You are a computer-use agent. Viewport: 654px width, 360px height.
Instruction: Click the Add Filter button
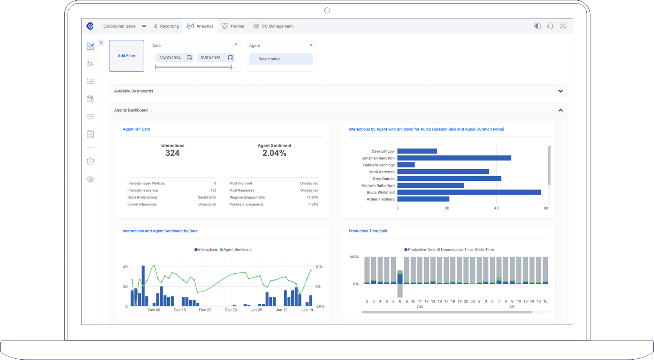coord(126,56)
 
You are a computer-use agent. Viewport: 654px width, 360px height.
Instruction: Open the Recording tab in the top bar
coord(166,26)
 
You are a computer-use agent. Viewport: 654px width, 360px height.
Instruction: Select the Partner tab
coord(233,26)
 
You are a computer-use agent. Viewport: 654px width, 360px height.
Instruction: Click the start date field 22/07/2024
coord(170,58)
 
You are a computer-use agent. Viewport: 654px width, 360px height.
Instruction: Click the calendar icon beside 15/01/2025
coord(230,58)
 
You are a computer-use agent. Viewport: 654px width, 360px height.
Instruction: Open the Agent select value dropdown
coord(281,59)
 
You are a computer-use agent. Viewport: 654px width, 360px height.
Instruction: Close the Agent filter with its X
coord(311,45)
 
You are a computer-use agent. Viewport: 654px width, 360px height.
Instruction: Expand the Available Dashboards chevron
coord(560,91)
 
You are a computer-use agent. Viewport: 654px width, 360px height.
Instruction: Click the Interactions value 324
coord(172,153)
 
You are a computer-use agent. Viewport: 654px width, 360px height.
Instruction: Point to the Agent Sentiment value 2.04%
coord(274,153)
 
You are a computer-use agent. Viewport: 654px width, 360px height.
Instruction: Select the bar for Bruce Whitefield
coord(469,192)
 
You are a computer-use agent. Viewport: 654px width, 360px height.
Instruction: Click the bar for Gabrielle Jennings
coord(406,165)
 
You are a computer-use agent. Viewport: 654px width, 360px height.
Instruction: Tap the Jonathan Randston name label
coord(378,158)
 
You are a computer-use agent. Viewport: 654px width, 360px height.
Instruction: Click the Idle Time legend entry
coord(484,250)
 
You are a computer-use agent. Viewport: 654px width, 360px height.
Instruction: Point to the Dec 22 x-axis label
coord(205,310)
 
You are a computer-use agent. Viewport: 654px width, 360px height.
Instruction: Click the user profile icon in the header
coord(563,26)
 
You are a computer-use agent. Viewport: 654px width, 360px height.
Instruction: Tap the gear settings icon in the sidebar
coord(90,179)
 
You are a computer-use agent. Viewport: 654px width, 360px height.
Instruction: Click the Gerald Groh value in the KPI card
coord(207,197)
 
